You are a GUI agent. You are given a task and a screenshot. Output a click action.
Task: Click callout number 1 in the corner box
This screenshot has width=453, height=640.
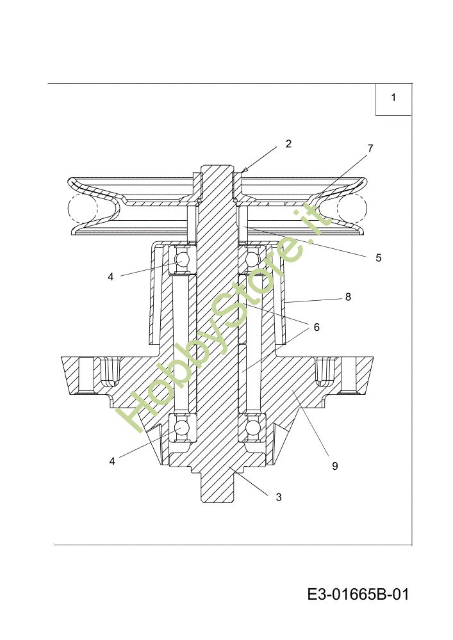(x=393, y=98)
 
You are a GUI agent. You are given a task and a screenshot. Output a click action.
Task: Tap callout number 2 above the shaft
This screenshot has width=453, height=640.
(x=288, y=144)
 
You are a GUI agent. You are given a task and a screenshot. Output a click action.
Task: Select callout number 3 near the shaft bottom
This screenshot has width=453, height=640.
(x=279, y=497)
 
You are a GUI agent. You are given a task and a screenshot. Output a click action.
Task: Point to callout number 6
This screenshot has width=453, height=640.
(x=317, y=327)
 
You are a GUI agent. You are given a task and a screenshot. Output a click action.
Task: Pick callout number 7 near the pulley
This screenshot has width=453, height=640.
(x=370, y=148)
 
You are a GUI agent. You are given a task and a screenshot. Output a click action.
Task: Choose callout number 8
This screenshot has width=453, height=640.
(x=348, y=297)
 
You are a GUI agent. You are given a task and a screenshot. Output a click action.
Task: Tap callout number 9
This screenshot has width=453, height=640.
(x=334, y=466)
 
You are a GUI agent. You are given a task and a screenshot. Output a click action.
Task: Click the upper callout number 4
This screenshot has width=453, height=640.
(x=110, y=277)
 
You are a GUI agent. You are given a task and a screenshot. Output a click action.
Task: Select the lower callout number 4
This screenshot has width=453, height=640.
(x=112, y=461)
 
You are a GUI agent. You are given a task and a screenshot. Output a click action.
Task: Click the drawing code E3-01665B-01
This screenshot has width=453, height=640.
(x=358, y=595)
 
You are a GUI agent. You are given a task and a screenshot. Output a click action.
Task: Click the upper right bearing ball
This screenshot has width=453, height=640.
(x=250, y=260)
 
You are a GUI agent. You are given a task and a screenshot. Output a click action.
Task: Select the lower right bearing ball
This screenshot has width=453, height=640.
(x=251, y=427)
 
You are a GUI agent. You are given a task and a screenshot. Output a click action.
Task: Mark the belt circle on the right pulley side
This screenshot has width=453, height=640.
(x=351, y=209)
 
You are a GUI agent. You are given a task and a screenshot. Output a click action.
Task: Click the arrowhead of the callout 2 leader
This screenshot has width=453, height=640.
(x=244, y=170)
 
